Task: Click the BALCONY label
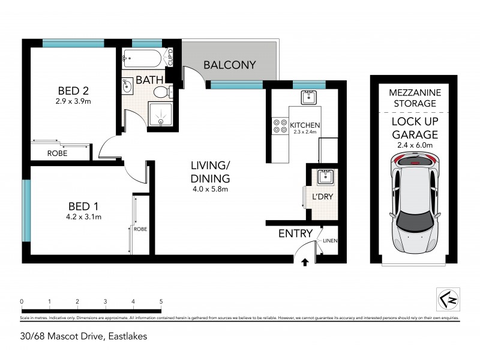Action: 229,65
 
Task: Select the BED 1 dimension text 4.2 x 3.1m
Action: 84,217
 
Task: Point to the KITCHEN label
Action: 305,125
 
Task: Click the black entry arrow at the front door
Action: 305,262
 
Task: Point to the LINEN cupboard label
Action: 331,241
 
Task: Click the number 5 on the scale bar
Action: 161,301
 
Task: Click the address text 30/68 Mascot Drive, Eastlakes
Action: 83,336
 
